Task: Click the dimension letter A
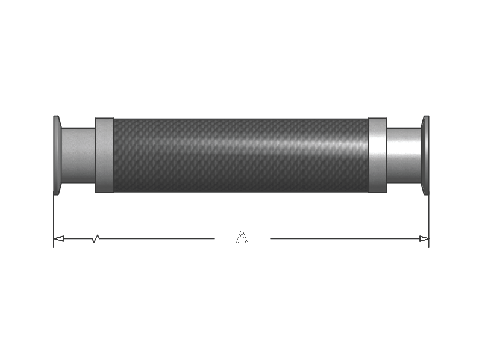242,237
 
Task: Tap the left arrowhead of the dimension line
58,238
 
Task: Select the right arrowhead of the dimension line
424,238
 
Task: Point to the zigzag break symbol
96,238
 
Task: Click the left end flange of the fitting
57,155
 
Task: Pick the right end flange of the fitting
425,155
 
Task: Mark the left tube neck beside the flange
78,155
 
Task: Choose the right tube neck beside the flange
404,155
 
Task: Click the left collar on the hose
104,155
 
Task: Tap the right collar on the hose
378,155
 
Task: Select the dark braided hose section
241,155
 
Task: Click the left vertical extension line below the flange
54,222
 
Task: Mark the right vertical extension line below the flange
429,222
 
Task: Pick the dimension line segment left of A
134,238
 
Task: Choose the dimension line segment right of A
349,238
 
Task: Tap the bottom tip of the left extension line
54,248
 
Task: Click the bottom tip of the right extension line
429,248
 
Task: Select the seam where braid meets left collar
114,155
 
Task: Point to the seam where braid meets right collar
368,155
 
